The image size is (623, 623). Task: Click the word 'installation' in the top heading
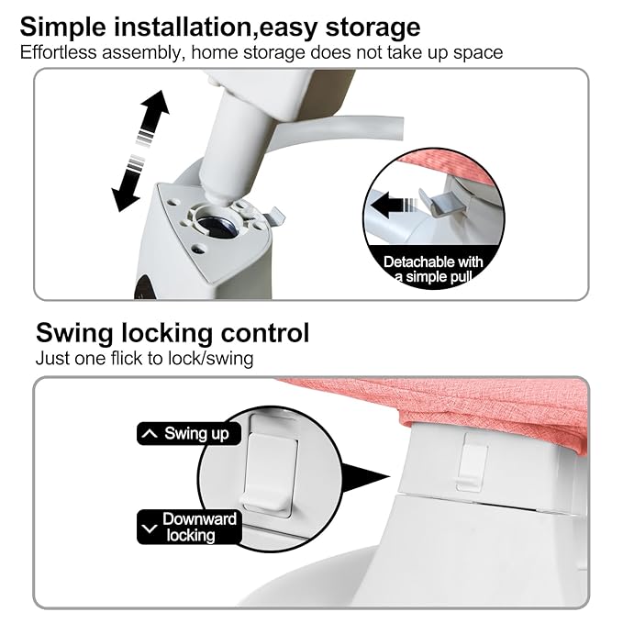coord(183,27)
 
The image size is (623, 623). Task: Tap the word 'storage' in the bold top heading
coord(373,28)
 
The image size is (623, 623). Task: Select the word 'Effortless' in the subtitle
coord(58,52)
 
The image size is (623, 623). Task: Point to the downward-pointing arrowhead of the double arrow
coord(125,198)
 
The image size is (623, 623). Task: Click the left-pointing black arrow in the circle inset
coord(395,205)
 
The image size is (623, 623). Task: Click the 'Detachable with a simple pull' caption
coord(433,269)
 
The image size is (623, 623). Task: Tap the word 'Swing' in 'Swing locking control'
coord(74,333)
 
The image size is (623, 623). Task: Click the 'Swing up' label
coord(189,433)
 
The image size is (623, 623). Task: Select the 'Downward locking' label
coord(189,527)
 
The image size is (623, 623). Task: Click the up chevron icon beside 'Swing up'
coord(150,433)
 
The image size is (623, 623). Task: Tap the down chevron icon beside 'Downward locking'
coord(150,528)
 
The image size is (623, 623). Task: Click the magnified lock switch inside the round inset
coord(270,473)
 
